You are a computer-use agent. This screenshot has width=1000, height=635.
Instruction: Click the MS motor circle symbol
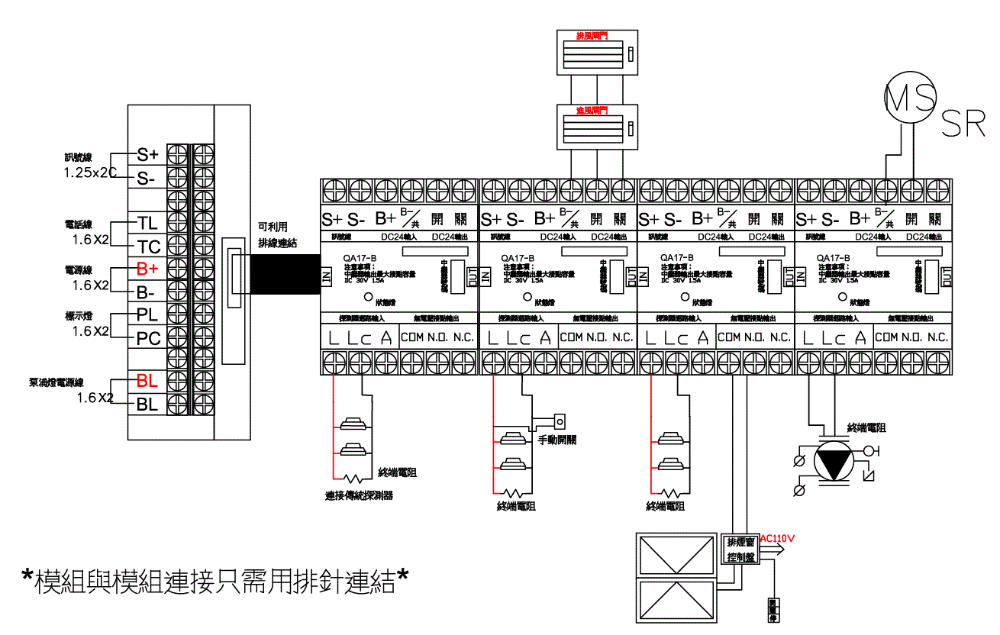(910, 97)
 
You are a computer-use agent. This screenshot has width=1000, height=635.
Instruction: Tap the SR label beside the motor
(963, 124)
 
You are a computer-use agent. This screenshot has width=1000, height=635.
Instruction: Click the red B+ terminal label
(147, 269)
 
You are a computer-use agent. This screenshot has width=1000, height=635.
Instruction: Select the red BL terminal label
(147, 380)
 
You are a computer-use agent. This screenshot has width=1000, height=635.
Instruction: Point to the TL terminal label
(147, 223)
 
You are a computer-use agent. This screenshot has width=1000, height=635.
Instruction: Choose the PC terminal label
(148, 338)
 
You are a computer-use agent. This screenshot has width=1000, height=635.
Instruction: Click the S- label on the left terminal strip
(147, 179)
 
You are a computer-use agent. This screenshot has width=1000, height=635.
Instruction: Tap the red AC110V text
(778, 538)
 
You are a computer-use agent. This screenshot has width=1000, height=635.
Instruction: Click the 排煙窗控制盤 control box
(741, 549)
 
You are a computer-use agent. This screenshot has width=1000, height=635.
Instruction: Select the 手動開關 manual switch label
(557, 440)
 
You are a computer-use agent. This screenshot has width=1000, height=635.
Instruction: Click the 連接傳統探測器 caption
(359, 496)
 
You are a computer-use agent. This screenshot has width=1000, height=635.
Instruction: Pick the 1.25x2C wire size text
(89, 173)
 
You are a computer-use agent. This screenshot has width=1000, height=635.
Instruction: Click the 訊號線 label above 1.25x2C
(78, 158)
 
